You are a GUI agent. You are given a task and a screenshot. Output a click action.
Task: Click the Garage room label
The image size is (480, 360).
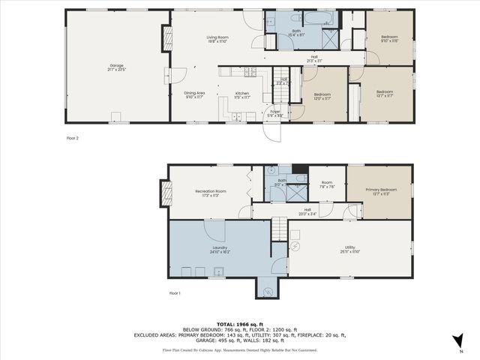[115, 67]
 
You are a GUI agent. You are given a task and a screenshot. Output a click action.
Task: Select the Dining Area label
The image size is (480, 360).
[194, 94]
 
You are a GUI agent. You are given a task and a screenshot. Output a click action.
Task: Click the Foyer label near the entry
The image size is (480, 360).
[275, 113]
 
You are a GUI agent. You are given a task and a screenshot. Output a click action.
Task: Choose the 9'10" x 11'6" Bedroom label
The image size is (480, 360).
[388, 38]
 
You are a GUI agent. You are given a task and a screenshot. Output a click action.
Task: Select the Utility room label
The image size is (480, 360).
[349, 248]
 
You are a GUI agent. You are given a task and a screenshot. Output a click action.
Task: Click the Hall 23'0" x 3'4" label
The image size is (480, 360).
[307, 211]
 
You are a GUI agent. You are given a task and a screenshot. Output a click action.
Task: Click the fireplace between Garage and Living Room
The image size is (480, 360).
[166, 39]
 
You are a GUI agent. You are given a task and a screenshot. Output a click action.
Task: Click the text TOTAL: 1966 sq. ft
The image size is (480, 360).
[240, 324]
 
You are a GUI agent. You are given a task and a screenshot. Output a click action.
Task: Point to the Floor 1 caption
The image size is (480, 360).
[175, 292]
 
